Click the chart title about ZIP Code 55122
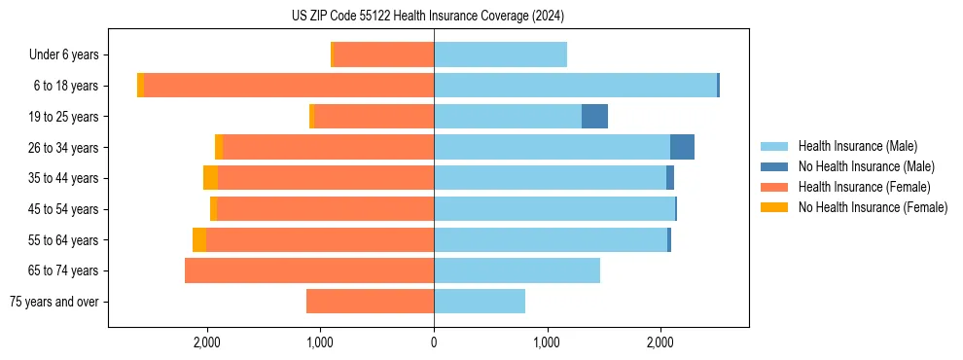coord(428,17)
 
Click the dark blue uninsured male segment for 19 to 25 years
coord(594,117)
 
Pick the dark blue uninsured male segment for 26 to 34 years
coord(682,147)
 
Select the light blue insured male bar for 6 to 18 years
coord(575,86)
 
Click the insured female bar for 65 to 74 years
coord(309,270)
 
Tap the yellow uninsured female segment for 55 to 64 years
coord(199,239)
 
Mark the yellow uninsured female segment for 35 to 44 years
coord(210,178)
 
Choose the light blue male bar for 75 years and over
coord(480,302)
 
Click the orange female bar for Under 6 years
coord(383,55)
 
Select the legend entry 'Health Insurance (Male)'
coord(857,146)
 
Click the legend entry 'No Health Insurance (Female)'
coord(873,207)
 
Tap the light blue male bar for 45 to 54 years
coord(554,209)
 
